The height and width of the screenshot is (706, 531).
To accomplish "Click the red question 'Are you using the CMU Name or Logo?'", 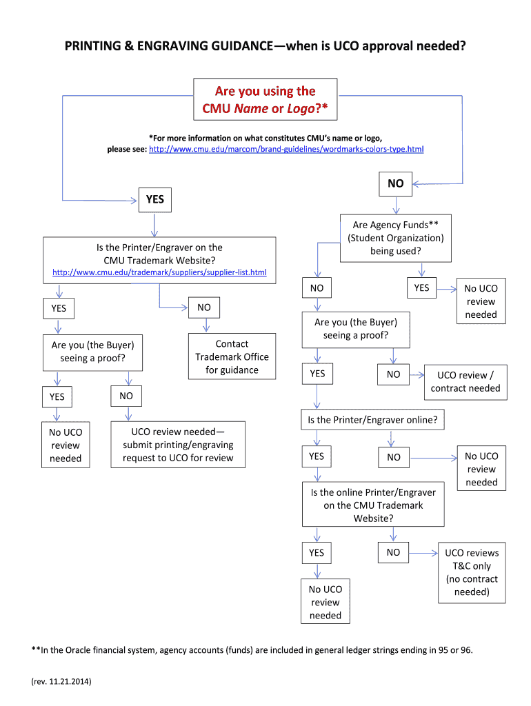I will pyautogui.click(x=265, y=100).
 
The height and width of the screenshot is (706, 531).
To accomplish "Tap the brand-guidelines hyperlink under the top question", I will pyautogui.click(x=286, y=149).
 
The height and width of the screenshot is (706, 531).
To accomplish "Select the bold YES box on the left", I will pyautogui.click(x=155, y=199).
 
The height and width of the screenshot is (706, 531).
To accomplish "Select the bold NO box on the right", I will pyautogui.click(x=395, y=183).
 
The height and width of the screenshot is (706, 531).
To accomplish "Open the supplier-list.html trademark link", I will pyautogui.click(x=159, y=273).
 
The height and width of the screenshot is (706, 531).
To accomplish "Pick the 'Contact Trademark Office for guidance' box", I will pyautogui.click(x=232, y=356).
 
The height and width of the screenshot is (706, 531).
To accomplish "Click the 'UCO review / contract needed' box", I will pyautogui.click(x=465, y=381).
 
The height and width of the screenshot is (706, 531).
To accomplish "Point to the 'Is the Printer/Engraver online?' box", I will pyautogui.click(x=372, y=419).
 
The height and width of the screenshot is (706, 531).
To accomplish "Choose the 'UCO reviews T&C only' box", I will pyautogui.click(x=471, y=572).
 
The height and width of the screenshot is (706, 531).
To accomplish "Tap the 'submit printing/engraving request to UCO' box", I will pyautogui.click(x=178, y=445).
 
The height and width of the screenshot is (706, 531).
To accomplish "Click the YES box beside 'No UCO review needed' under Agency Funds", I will pyautogui.click(x=421, y=288).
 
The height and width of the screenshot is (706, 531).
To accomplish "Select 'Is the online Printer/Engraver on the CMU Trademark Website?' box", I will pyautogui.click(x=373, y=505).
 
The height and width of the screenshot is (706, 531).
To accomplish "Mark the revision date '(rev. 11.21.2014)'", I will pyautogui.click(x=61, y=682).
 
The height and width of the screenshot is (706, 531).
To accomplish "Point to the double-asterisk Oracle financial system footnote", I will pyautogui.click(x=252, y=650).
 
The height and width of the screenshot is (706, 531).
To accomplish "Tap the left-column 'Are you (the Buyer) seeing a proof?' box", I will pyautogui.click(x=92, y=352).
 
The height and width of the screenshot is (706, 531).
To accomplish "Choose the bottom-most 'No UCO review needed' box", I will pyautogui.click(x=325, y=603).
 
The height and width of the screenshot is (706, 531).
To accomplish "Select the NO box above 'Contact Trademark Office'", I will pyautogui.click(x=204, y=307).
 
